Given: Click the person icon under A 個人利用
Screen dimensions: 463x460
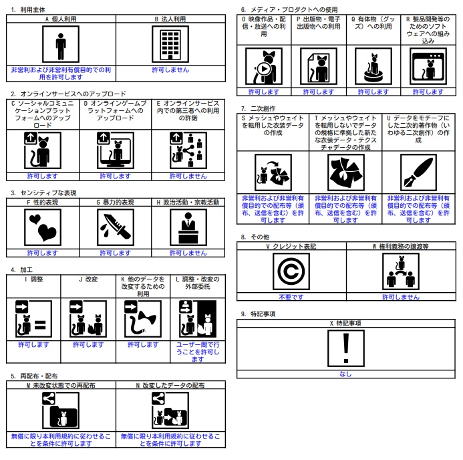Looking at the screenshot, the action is [x=61, y=44].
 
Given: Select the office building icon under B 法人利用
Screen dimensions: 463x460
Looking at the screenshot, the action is [x=170, y=44].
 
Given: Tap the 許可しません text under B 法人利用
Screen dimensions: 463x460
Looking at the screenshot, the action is [x=170, y=70].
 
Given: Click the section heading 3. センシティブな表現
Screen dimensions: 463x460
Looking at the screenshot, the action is [x=43, y=193].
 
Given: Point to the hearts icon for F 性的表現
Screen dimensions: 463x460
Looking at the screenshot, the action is [x=43, y=227].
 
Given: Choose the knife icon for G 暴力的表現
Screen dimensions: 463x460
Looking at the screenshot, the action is [x=116, y=227].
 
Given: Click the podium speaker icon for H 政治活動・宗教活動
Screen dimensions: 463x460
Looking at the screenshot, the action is [x=188, y=227].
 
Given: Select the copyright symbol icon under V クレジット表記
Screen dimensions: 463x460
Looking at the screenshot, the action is [x=291, y=271].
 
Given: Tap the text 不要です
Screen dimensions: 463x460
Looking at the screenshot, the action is [x=291, y=297].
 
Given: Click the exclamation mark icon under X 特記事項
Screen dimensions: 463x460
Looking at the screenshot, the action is [x=346, y=348].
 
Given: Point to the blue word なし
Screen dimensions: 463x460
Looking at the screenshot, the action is [x=346, y=374].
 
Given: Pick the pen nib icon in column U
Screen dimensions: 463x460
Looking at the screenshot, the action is [x=418, y=172].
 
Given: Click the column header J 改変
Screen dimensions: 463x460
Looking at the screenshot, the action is [x=88, y=279].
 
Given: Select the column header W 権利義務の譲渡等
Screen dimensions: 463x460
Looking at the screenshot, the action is [x=401, y=246].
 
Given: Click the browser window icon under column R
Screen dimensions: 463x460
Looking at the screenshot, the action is [x=428, y=66].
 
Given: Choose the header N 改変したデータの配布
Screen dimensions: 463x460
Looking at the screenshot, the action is [x=170, y=385].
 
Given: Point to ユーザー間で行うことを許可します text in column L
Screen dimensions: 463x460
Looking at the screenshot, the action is [x=198, y=352].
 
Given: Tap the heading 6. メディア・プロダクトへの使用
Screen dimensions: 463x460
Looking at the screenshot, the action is [x=289, y=10].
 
